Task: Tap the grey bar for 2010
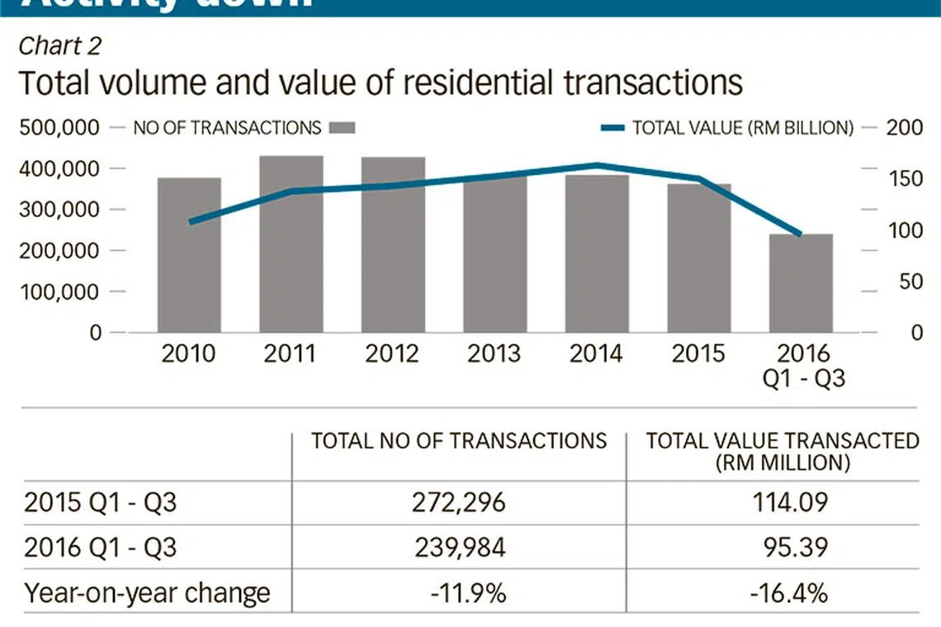tap(189, 255)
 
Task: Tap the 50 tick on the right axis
tap(910, 281)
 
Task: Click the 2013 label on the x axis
tap(494, 354)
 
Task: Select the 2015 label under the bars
tap(697, 354)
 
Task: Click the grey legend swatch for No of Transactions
tap(342, 128)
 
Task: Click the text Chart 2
tap(59, 46)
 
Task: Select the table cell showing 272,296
tap(458, 502)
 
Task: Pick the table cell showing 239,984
tap(458, 548)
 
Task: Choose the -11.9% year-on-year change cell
tap(458, 593)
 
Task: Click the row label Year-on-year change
tap(147, 593)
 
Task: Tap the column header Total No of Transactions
tap(458, 441)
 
